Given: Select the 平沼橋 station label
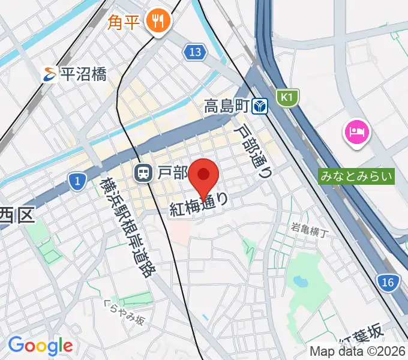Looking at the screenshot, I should [84, 74].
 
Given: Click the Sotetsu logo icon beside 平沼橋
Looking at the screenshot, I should [50, 74].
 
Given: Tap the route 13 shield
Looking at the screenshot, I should [194, 52].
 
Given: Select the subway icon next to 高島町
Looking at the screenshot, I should [259, 106].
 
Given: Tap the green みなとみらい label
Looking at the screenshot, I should [356, 176].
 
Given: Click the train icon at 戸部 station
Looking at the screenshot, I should [143, 173].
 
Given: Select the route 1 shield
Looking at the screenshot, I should [76, 182].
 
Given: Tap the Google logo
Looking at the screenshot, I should [40, 346].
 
